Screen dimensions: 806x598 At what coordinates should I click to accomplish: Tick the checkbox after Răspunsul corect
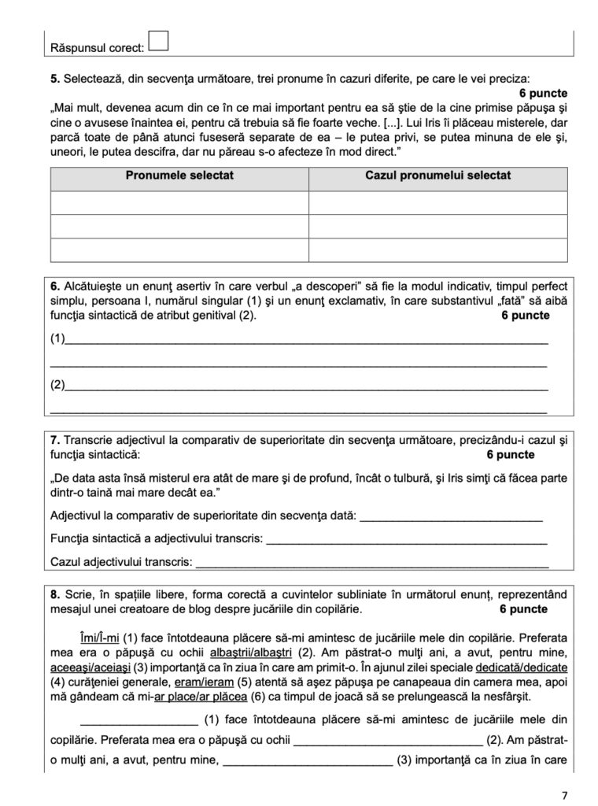pyautogui.click(x=158, y=41)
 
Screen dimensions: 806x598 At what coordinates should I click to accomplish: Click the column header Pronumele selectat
pyautogui.click(x=179, y=176)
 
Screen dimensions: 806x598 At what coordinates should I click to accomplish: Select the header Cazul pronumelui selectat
pyautogui.click(x=437, y=176)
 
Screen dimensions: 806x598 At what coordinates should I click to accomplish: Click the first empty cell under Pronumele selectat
pyautogui.click(x=179, y=203)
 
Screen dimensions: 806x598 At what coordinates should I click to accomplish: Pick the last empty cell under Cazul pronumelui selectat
pyautogui.click(x=437, y=250)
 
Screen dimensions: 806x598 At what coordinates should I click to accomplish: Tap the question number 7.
pyautogui.click(x=54, y=439)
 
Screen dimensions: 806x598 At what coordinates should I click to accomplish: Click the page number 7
pyautogui.click(x=564, y=794)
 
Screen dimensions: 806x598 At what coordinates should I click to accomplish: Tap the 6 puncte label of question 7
pyautogui.click(x=510, y=454)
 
